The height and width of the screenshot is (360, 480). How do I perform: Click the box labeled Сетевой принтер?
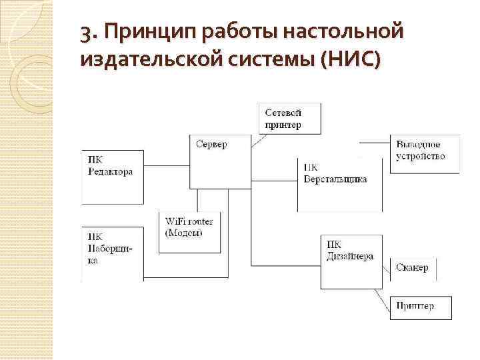[x=289, y=119]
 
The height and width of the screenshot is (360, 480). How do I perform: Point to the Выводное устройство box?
[x=423, y=155]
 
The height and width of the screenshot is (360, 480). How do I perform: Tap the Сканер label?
[x=411, y=267]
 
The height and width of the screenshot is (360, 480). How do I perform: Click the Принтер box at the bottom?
[x=420, y=307]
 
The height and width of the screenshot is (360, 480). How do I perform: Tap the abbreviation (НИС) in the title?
[x=351, y=61]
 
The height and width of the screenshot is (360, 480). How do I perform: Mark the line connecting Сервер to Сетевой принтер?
[x=261, y=141]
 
